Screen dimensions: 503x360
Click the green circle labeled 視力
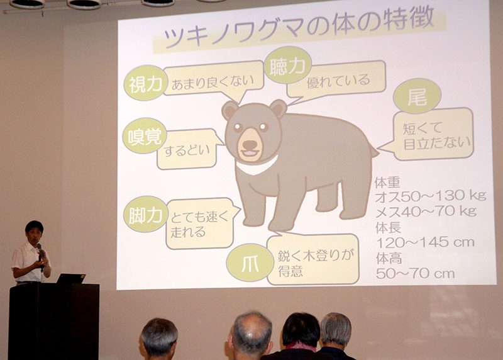[145, 83]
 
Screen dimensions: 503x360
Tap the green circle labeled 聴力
[287, 65]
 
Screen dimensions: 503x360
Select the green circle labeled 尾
[417, 96]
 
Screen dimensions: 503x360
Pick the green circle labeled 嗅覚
[145, 135]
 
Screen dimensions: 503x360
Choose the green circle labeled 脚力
[145, 214]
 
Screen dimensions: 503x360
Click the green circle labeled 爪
[250, 263]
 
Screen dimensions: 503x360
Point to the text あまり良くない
[213, 82]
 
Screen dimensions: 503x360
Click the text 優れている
[338, 81]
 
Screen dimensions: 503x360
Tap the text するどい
[187, 150]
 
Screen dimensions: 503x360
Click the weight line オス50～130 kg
[431, 196]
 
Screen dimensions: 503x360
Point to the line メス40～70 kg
[426, 211]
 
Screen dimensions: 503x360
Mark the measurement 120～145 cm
[425, 242]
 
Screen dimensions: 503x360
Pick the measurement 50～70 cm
[416, 273]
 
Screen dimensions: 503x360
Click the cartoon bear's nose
[249, 144]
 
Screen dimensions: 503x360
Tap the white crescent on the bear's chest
[257, 166]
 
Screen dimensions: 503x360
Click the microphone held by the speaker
[40, 252]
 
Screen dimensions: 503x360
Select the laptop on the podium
[71, 278]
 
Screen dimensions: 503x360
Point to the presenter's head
[35, 232]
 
